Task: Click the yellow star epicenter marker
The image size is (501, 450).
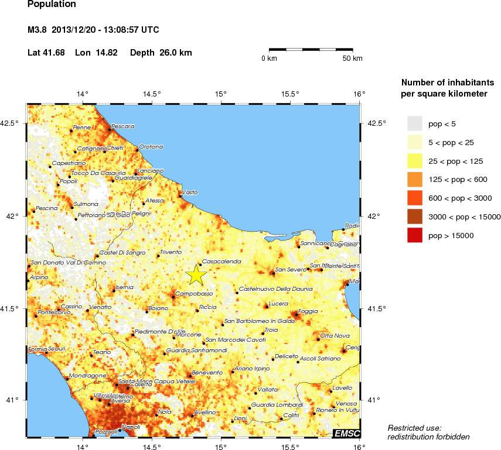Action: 196,274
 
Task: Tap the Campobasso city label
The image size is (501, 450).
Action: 193,292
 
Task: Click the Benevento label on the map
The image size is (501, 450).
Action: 207,372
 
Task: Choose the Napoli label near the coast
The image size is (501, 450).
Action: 130,427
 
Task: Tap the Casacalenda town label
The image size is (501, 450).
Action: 221,262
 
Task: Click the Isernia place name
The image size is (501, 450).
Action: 125,287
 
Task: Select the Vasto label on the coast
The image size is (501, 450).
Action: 190,192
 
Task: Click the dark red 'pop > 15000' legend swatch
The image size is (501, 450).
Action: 415,235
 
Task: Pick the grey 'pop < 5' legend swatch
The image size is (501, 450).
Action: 415,123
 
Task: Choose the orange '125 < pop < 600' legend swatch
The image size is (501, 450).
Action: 415,179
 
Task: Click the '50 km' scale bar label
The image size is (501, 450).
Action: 352,59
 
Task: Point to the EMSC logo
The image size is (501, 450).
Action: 346,433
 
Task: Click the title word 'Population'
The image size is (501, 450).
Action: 52,5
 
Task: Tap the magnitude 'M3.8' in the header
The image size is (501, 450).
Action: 38,30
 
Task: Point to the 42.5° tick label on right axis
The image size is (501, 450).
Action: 374,123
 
